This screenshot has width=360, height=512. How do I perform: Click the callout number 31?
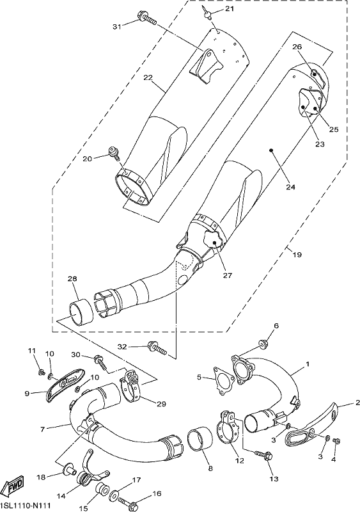click(x=117, y=27)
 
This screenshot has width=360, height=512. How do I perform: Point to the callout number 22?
click(x=148, y=77)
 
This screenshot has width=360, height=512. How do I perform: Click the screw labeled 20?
click(x=114, y=154)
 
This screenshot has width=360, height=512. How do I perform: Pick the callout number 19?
click(x=297, y=255)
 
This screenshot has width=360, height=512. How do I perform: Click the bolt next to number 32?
click(x=157, y=348)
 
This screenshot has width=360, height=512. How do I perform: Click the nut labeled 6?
click(x=263, y=344)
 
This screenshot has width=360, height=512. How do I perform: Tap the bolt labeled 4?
click(x=336, y=441)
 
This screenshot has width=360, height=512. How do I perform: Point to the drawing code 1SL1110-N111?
click(x=26, y=506)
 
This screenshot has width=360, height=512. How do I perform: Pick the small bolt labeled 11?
click(x=41, y=372)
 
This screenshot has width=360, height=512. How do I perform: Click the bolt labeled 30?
click(x=100, y=362)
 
